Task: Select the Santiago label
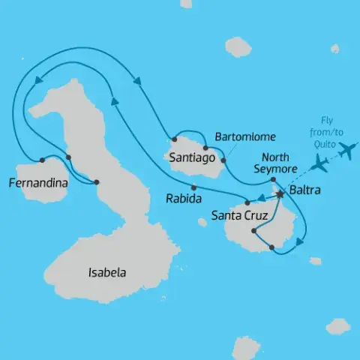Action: [193, 158]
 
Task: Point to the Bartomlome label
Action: [245, 137]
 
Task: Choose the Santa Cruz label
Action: [239, 215]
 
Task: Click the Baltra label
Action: [304, 190]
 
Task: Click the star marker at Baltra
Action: [280, 194]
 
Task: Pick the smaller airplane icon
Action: [319, 161]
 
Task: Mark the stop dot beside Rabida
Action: [193, 187]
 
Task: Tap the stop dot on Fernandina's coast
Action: [42, 160]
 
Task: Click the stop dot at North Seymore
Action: [274, 180]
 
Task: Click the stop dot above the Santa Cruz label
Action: [246, 202]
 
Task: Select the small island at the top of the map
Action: [238, 46]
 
